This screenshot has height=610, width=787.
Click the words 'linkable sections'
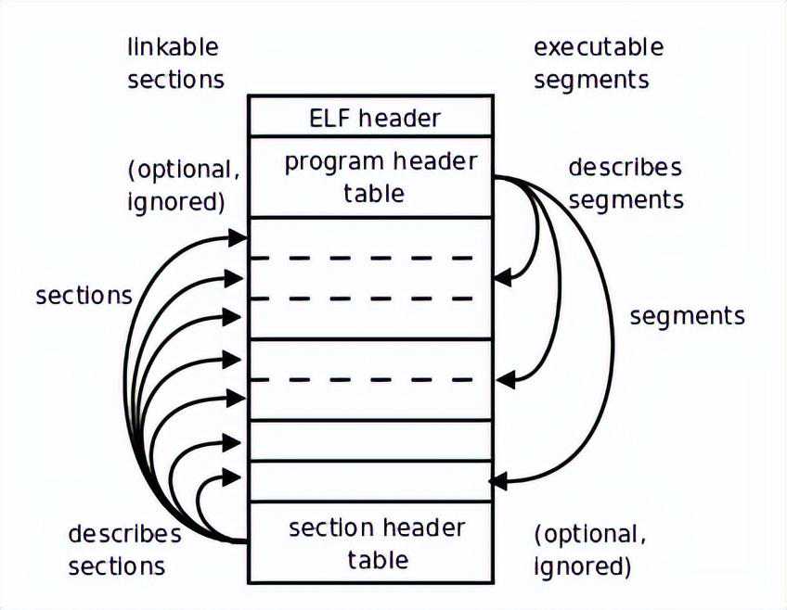point(175,63)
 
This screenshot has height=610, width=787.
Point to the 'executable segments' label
point(599,63)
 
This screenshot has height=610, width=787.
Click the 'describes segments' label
point(626,183)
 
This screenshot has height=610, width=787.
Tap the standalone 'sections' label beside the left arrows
point(84,296)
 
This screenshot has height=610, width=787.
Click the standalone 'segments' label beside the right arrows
point(687,316)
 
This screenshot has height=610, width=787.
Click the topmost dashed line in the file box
point(371,258)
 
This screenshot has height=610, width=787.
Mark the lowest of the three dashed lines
point(371,378)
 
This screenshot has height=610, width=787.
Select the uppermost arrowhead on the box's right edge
point(501,276)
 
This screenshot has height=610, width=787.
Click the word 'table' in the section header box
point(378,560)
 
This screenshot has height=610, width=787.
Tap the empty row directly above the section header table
point(371,482)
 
